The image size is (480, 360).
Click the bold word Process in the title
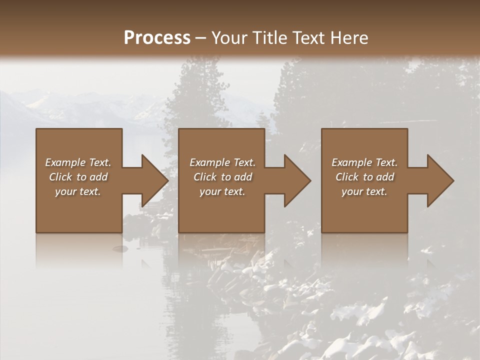point(157,38)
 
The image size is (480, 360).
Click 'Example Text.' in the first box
point(78,162)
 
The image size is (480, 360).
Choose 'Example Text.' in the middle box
point(222,162)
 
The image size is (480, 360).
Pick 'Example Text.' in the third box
point(364,162)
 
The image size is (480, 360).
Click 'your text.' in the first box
point(78,191)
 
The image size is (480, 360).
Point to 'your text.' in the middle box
point(222,191)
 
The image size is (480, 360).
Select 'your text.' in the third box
point(364,191)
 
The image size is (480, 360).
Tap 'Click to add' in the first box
point(78,177)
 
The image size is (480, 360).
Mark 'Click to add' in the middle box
point(222,177)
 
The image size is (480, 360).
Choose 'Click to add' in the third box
point(364,177)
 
